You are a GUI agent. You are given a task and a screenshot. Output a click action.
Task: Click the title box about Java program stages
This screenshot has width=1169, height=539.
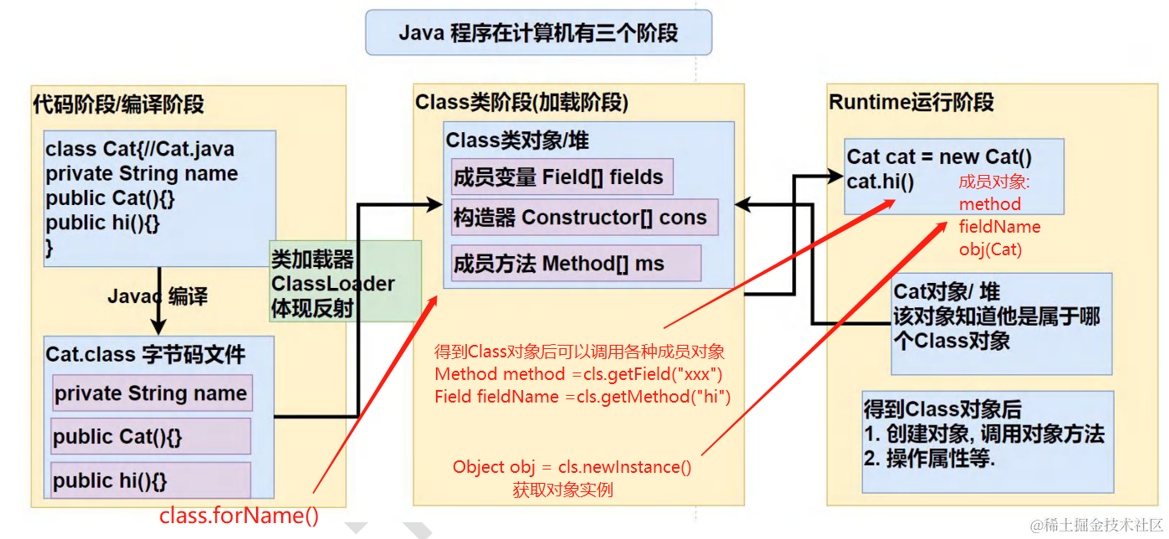[x=538, y=33]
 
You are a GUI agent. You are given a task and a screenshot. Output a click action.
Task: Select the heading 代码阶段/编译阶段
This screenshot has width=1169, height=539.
[x=118, y=105]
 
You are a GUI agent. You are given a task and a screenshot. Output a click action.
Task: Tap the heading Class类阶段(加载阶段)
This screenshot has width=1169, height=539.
[x=521, y=102]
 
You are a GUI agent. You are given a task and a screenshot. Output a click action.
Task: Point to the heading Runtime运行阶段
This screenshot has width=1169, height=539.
[x=911, y=102]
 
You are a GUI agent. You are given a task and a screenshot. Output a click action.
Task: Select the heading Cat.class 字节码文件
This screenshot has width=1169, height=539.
[x=145, y=354]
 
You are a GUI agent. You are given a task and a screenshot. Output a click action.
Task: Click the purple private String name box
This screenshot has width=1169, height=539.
[x=151, y=394]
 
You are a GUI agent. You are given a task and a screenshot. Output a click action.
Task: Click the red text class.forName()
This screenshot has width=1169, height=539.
[x=239, y=516]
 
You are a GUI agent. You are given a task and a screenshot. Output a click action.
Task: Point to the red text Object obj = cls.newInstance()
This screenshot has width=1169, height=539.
[x=572, y=467]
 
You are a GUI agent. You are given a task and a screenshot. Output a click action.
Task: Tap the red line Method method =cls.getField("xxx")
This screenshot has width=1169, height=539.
[x=578, y=373]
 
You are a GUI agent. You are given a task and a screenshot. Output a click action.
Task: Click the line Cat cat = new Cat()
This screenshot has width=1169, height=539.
[x=939, y=157]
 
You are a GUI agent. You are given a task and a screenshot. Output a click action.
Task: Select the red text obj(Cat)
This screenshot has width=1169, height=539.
[x=990, y=249]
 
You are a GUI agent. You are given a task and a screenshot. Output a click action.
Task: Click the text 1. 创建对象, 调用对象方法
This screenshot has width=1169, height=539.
[x=984, y=434]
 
